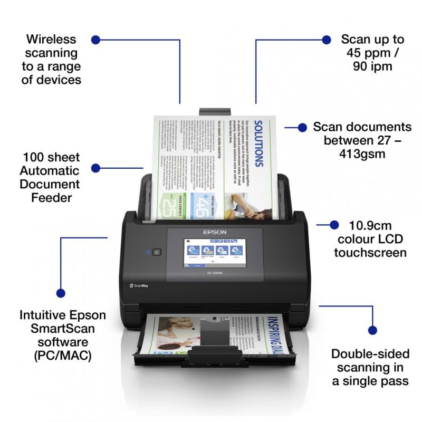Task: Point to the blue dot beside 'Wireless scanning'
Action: point(95,40)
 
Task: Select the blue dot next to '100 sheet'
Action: point(95,168)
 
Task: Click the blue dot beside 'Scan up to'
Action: point(327,40)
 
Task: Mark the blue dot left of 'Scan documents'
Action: point(302,127)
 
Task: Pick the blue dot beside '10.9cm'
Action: point(334,225)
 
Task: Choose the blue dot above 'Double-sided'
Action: point(372,331)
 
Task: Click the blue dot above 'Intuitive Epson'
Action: point(61,293)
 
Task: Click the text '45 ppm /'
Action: point(372,53)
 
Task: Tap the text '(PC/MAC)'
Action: point(62,356)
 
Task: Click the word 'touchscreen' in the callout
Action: point(370,253)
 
